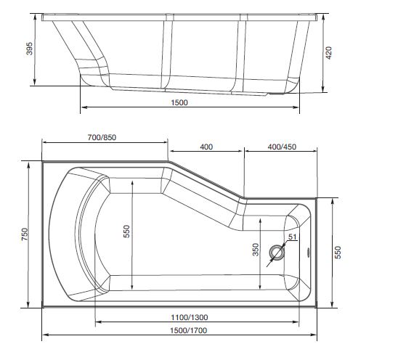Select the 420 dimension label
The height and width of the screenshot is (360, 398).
(328, 54)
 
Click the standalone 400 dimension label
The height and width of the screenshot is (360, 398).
(206, 147)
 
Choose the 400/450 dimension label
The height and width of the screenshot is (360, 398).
(281, 147)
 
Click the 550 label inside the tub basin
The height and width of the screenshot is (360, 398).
(126, 231)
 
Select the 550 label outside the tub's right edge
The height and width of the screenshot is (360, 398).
(336, 250)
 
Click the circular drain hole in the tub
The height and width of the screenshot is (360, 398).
(277, 253)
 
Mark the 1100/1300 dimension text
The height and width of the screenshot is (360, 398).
(191, 317)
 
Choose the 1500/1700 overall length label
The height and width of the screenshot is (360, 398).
(182, 331)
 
